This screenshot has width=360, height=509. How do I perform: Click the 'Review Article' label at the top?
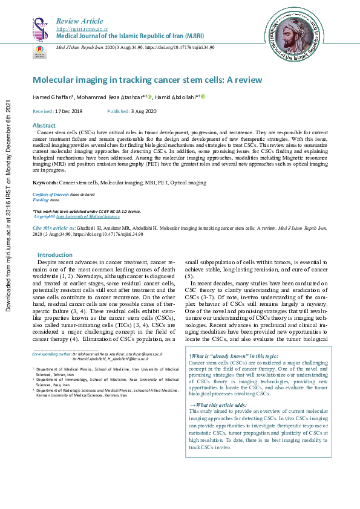tap(79, 21)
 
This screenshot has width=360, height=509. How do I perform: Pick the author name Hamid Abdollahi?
tap(177, 97)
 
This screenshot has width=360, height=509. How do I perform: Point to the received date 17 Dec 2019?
tap(68, 112)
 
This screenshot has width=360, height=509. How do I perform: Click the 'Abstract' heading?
tap(44, 125)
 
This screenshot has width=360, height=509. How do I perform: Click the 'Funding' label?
tap(41, 199)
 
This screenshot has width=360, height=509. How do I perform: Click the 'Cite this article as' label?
tap(54, 228)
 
